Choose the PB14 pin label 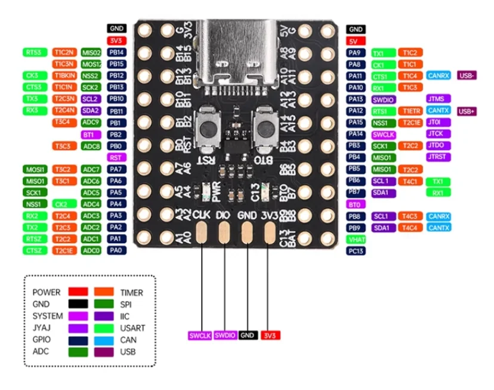click(117, 53)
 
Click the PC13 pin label click(356, 251)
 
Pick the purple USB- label click(467, 76)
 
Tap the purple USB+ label click(467, 111)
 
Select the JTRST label click(439, 157)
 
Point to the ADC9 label click(91, 122)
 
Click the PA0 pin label click(117, 251)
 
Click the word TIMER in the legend click(132, 292)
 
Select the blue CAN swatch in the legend click(104, 340)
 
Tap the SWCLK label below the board click(199, 336)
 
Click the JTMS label click(439, 99)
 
